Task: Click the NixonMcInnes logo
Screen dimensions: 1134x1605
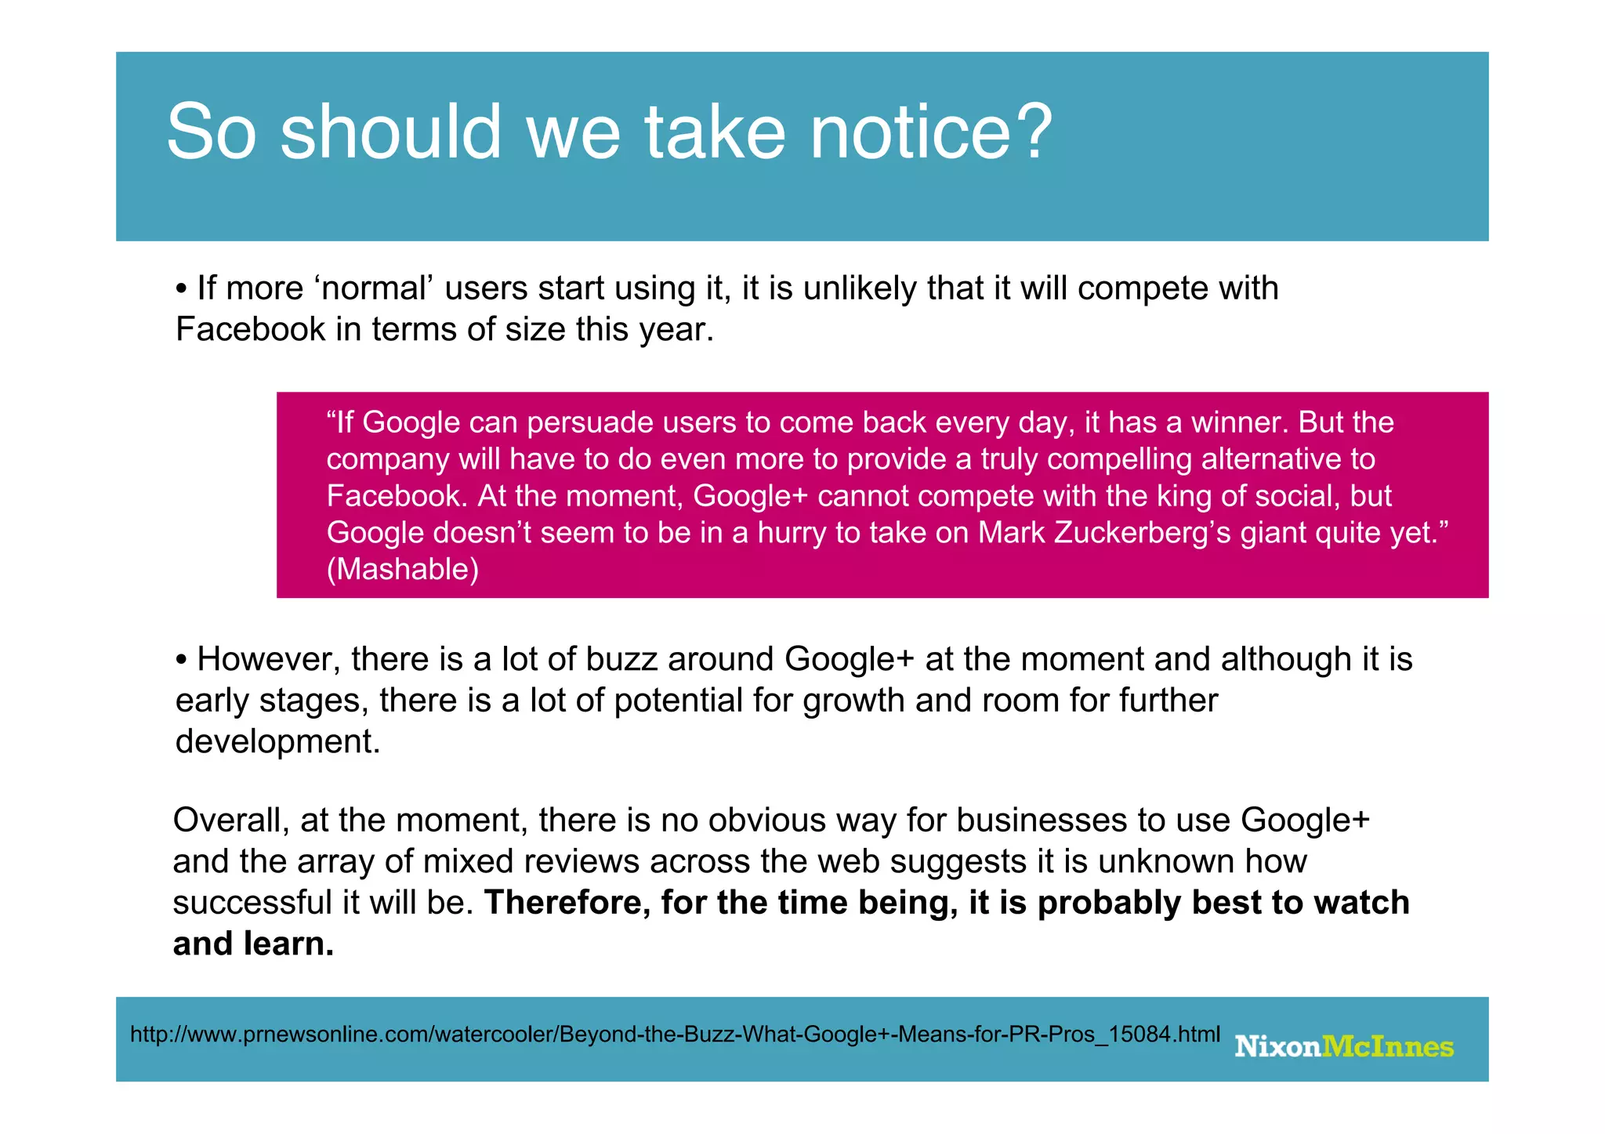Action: pos(1343,1046)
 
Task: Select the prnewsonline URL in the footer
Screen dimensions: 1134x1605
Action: pos(675,1034)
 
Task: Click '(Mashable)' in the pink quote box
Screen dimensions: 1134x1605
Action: pos(402,569)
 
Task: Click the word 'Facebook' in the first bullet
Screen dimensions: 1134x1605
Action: pos(250,329)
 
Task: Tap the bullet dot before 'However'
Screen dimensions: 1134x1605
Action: pos(182,661)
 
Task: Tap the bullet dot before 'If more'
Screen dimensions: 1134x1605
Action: pos(182,289)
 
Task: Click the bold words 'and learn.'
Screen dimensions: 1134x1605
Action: pos(253,944)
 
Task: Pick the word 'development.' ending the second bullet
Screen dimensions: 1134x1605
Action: pos(277,741)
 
